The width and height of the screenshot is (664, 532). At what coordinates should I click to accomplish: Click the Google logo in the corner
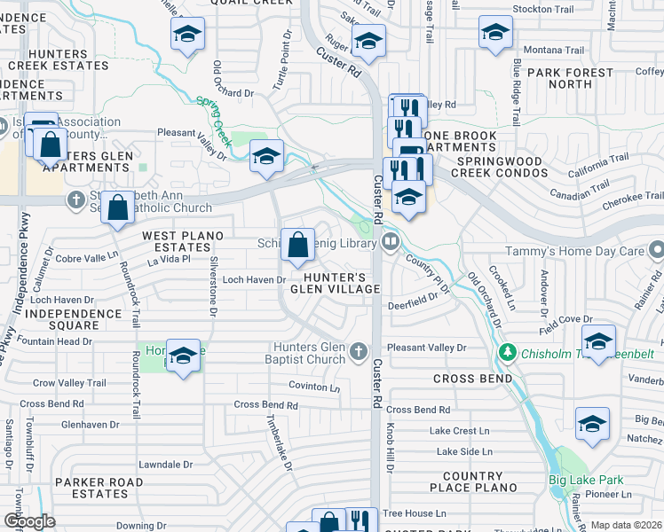(x=29, y=520)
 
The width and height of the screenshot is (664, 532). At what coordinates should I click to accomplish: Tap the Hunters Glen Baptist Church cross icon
(x=359, y=353)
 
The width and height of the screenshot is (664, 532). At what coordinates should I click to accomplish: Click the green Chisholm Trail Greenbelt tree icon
(x=508, y=353)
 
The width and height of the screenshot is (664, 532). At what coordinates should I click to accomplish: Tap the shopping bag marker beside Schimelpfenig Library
(x=297, y=245)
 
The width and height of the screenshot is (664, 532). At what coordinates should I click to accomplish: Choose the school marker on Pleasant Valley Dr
(x=266, y=156)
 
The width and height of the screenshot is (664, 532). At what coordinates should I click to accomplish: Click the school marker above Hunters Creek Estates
(x=186, y=35)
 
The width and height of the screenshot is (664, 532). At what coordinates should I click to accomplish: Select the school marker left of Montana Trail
(x=495, y=33)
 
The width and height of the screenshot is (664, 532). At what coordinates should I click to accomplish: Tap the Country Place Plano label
(x=472, y=482)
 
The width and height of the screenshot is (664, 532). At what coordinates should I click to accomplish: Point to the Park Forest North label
(x=570, y=78)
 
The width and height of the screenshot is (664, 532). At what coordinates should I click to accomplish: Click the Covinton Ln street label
(x=314, y=387)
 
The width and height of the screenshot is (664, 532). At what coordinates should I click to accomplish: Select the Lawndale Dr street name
(x=165, y=464)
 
